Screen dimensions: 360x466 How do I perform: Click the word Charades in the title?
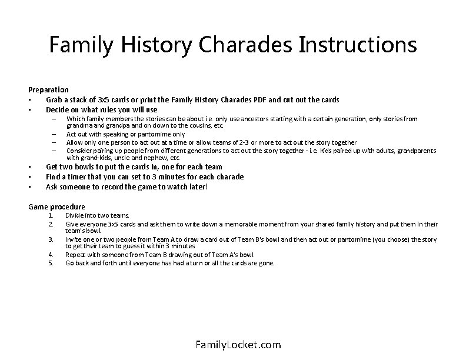point(249,45)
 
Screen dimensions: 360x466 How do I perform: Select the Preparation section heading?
point(48,89)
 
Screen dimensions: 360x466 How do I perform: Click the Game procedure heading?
point(56,206)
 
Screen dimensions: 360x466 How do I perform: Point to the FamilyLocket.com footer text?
point(238,345)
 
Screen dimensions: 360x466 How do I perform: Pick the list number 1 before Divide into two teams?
point(51,216)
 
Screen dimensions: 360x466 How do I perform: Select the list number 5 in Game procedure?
point(51,263)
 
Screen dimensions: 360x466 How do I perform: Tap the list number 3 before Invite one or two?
point(51,239)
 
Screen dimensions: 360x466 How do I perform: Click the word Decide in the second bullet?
point(58,109)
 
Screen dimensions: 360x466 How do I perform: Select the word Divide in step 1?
point(75,216)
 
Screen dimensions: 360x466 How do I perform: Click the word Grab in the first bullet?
point(55,99)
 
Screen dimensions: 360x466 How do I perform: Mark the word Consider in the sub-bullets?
point(80,151)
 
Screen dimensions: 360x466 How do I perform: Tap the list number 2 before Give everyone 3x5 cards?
point(51,224)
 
